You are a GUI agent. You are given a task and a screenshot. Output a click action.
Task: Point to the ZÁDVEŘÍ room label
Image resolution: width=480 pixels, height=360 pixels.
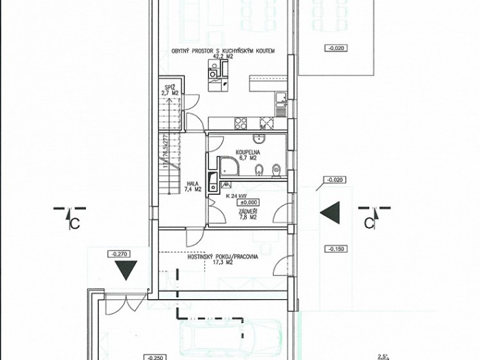(x=246, y=215)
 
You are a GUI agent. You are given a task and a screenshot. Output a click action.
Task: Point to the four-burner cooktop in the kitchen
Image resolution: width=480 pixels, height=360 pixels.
(x=240, y=123)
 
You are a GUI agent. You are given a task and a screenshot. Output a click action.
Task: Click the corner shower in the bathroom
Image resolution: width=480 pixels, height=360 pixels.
(x=229, y=168)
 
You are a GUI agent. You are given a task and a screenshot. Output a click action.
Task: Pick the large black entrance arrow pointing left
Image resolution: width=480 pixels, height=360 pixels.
(x=329, y=214)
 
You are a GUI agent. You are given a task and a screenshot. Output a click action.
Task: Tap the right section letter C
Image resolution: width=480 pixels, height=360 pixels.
(x=369, y=222)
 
